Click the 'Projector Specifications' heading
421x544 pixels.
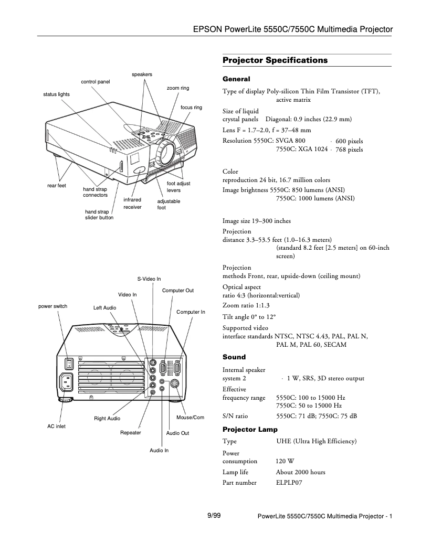275,60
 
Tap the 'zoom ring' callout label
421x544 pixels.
177,88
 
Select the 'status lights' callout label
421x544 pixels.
56,94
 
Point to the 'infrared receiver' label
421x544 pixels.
132,204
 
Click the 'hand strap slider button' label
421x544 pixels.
99,215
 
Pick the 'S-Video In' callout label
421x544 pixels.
149,279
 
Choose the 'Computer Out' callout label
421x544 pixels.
177,291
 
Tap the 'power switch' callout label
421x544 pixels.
53,306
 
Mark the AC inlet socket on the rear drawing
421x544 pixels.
68,382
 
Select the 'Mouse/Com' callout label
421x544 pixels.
190,418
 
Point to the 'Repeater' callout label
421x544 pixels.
130,433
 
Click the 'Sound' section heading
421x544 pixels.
234,357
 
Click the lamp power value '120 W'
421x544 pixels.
285,462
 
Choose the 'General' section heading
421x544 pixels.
236,79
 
